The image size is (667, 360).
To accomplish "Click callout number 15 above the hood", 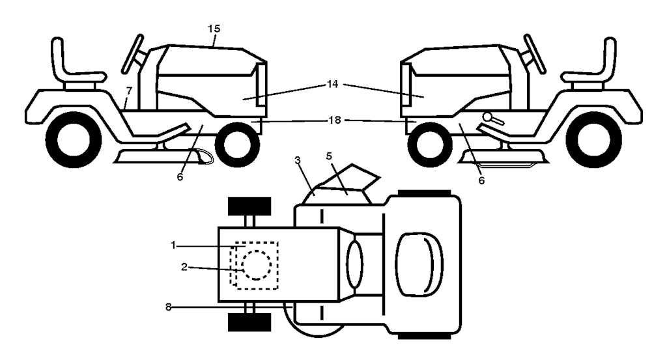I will pos(214,29).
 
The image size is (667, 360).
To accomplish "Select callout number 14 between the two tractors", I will pos(333,85).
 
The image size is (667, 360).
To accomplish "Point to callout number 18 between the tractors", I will pos(333,120).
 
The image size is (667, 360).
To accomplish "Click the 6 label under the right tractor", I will pos(481,180).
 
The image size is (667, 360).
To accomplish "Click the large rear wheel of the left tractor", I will pos(70,139).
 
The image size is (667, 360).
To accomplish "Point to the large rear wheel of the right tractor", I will pos(597,139).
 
